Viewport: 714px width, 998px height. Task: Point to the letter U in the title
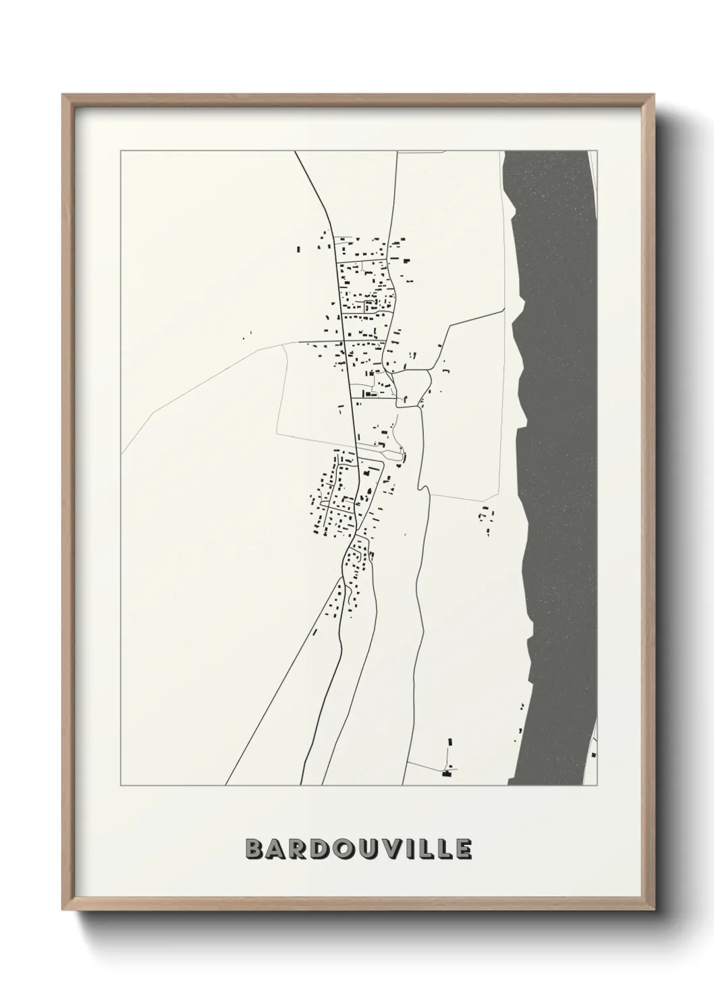point(370,849)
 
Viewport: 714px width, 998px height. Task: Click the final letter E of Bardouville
point(463,849)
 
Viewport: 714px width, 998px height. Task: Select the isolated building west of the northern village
point(299,249)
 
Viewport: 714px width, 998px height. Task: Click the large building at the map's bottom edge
point(445,773)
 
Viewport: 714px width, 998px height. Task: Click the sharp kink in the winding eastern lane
point(420,486)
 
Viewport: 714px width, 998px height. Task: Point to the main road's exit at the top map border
point(295,152)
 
